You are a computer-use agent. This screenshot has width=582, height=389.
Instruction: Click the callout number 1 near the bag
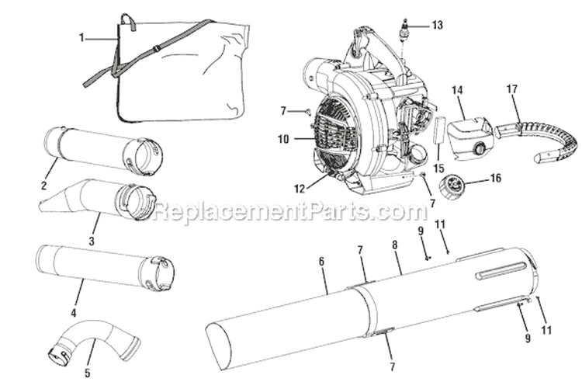tap(81, 36)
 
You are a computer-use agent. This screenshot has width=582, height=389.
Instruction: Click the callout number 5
tap(88, 373)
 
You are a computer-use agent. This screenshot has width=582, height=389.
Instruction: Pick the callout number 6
tap(322, 262)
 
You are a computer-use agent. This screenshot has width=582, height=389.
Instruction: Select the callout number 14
tap(458, 90)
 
